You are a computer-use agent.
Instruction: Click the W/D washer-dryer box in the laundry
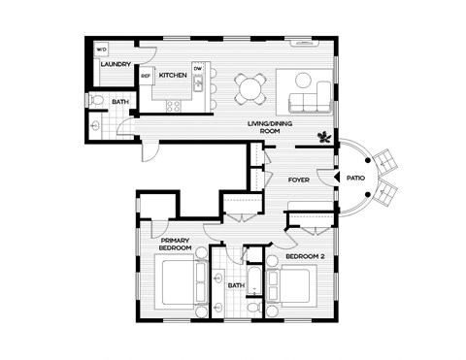click(101, 49)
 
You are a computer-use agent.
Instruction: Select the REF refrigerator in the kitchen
click(146, 75)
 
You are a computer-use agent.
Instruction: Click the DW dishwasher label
click(197, 68)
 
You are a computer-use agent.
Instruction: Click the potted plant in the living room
click(322, 135)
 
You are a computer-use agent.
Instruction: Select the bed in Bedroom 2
click(291, 288)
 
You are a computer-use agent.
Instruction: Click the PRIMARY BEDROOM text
click(176, 246)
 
